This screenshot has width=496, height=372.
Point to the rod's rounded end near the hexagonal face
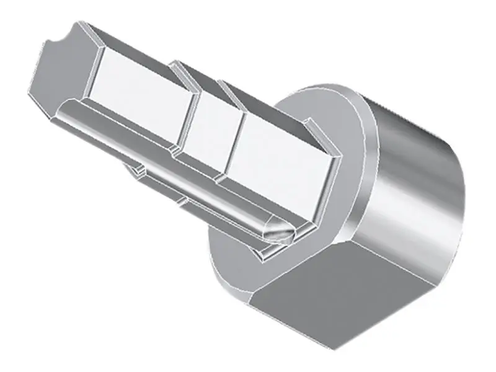68,112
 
